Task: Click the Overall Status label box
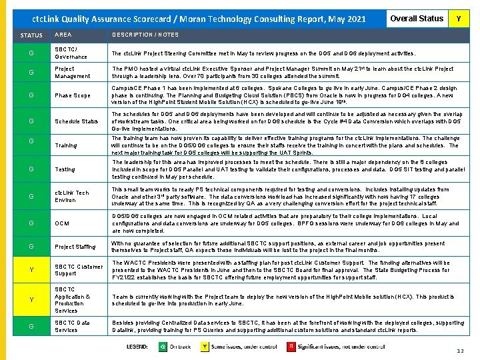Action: tap(417, 19)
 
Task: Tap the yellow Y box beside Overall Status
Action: tap(458, 19)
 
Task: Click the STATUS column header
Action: tap(31, 35)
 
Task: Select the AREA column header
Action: tap(63, 35)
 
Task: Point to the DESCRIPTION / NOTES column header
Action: tap(145, 35)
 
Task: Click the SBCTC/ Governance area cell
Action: tap(71, 53)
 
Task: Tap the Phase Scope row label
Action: tap(72, 95)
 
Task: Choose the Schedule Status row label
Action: tap(76, 121)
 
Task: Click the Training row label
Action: tap(65, 145)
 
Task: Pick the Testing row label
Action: tap(65, 169)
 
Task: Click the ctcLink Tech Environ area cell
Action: tap(71, 196)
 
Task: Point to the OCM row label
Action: tap(61, 223)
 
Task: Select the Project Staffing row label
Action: tap(75, 247)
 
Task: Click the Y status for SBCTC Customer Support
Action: tap(31, 270)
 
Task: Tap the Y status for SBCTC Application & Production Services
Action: tap(31, 300)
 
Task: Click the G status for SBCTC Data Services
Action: tap(31, 327)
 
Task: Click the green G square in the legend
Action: tap(162, 347)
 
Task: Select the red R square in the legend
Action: tap(291, 347)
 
